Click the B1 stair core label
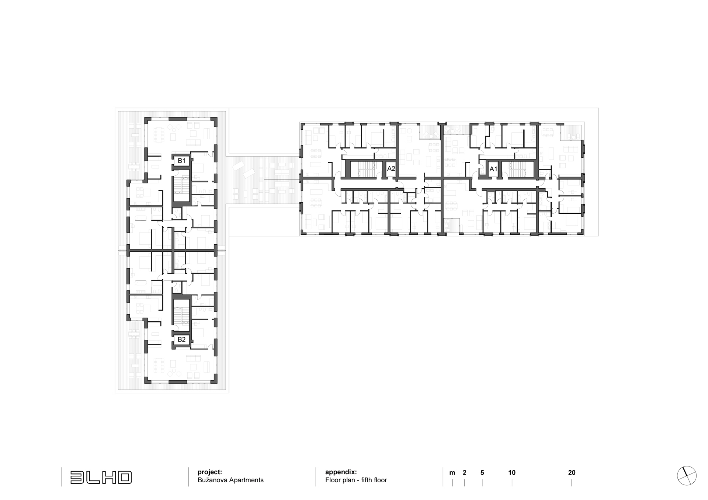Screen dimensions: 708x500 point(181,161)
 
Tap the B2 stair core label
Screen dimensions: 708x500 point(181,339)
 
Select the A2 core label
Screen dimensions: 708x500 point(391,169)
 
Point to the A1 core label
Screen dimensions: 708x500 point(493,169)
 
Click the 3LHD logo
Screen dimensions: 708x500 point(101,477)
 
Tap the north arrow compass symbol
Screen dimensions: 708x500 point(687,476)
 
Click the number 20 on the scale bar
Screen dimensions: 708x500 point(572,473)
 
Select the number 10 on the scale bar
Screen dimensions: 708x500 point(512,473)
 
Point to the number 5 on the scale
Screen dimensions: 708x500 point(482,473)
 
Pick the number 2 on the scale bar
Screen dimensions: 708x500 point(464,473)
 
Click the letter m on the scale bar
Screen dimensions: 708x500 point(452,473)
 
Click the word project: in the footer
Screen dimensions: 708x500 point(210,472)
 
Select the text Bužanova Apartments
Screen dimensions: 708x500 point(230,480)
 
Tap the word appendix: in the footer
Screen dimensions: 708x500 point(341,472)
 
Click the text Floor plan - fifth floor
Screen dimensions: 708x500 point(356,480)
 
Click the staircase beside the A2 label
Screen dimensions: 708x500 point(367,169)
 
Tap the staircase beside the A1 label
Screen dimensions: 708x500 point(517,169)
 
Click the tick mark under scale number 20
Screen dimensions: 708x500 point(572,483)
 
